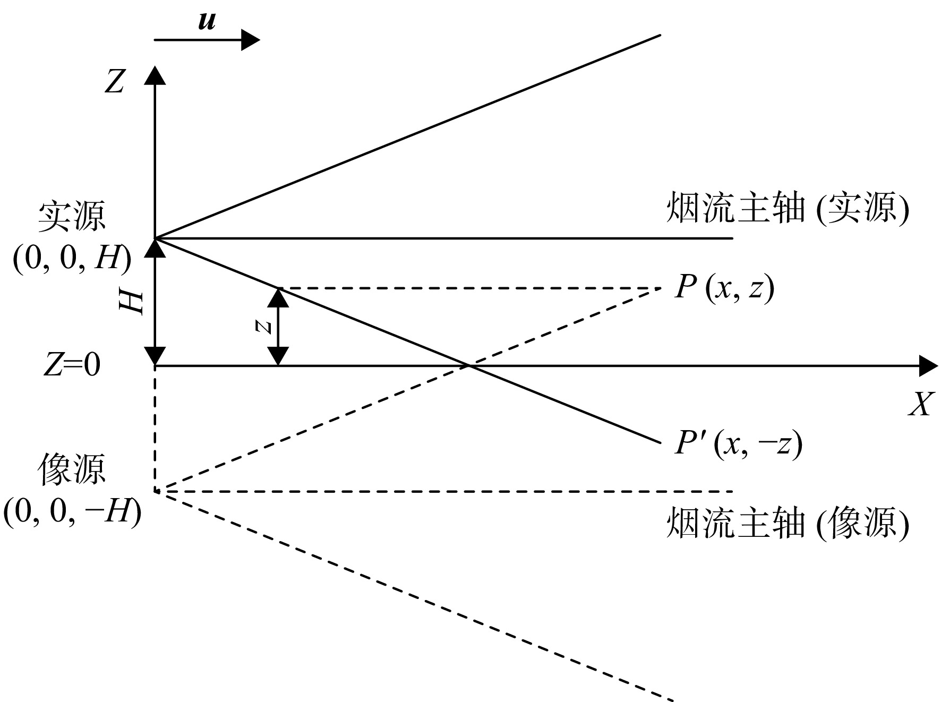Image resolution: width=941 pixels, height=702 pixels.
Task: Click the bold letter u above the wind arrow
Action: pyautogui.click(x=207, y=21)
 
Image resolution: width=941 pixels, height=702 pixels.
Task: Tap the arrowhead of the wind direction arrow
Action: pyautogui.click(x=250, y=40)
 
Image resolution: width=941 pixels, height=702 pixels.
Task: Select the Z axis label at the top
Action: pyautogui.click(x=115, y=82)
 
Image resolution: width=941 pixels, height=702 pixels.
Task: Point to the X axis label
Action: pyautogui.click(x=920, y=406)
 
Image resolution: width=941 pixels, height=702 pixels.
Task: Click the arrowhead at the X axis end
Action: pyautogui.click(x=929, y=366)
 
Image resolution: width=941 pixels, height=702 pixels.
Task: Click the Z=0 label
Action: pyautogui.click(x=72, y=365)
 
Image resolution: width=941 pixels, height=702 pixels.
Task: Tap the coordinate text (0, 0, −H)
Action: pyautogui.click(x=72, y=512)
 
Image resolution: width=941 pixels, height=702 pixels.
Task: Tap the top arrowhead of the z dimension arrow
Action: pyautogui.click(x=278, y=297)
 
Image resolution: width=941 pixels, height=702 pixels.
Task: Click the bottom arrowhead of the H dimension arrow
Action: pyautogui.click(x=155, y=356)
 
